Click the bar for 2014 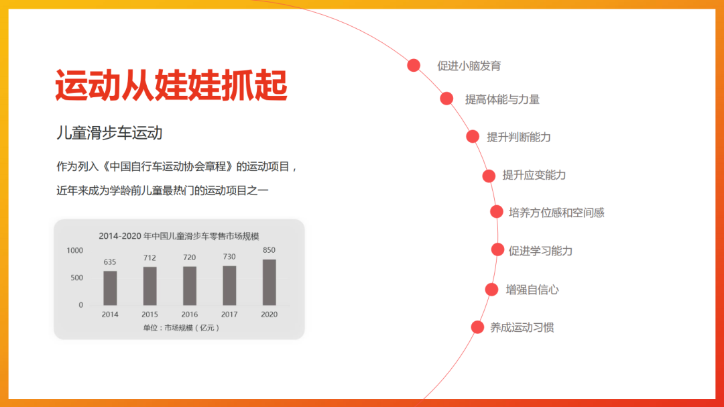(x=110, y=288)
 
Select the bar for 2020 (x=269, y=282)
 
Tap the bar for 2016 (x=190, y=286)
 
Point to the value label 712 (x=149, y=257)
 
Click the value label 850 (x=269, y=250)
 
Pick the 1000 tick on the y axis (x=75, y=250)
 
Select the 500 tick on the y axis (x=76, y=278)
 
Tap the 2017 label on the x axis (x=229, y=314)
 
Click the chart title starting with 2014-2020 (x=179, y=236)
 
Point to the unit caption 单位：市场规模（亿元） (x=180, y=327)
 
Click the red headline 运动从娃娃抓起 (x=172, y=85)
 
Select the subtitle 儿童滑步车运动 (x=109, y=133)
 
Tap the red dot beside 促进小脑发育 (x=414, y=65)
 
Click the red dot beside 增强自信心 (x=492, y=289)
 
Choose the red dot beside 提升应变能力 (x=489, y=176)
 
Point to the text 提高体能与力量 (x=502, y=99)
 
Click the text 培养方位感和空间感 (x=556, y=213)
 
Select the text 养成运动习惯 (x=522, y=327)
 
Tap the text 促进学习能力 (x=540, y=251)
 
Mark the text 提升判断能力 (x=518, y=137)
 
